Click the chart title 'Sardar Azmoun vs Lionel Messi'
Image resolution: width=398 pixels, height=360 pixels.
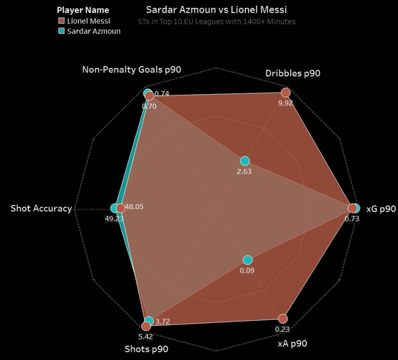216,10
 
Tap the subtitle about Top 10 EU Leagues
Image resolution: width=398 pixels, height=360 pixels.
216,22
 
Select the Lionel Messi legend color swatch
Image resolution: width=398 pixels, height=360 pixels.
61,21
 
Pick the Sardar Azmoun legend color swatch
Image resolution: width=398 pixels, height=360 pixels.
61,31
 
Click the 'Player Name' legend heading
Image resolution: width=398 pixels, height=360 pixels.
82,10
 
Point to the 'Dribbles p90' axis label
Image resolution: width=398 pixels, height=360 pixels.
292,73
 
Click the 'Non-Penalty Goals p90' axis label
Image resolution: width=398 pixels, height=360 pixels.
132,70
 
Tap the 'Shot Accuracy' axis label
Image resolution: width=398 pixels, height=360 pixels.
41,208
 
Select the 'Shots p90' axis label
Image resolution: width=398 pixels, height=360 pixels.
146,348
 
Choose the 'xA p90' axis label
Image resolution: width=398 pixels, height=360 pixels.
292,343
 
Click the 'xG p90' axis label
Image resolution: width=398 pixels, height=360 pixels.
381,208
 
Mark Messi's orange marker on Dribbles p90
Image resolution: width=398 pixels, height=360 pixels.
286,92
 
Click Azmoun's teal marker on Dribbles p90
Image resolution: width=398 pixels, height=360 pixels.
245,161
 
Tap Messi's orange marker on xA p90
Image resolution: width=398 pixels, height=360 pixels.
283,319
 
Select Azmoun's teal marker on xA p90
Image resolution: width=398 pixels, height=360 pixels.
248,260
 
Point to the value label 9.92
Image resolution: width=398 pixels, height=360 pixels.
286,103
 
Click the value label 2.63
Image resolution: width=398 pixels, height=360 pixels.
244,172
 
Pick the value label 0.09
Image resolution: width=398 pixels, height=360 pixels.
247,271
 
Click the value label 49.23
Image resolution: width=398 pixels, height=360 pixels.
113,218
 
